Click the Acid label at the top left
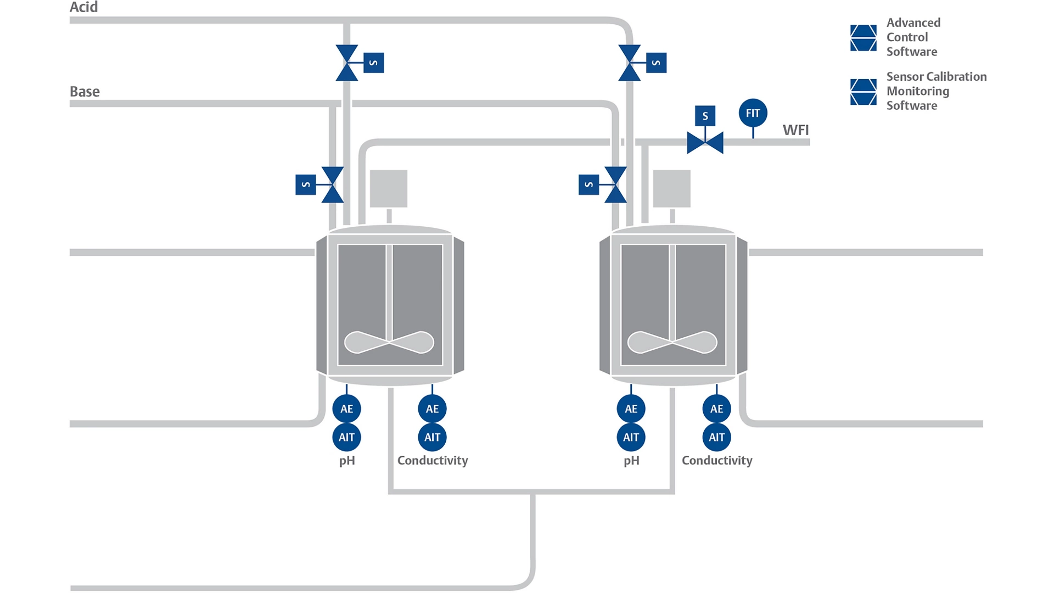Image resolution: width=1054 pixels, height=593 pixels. [x=83, y=7]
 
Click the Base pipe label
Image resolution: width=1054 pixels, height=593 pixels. [x=85, y=91]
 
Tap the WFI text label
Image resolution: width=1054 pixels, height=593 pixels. [x=795, y=130]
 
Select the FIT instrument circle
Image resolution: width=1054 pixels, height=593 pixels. [x=753, y=113]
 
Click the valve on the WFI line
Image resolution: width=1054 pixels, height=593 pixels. [x=705, y=143]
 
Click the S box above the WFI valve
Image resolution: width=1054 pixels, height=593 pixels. [x=705, y=116]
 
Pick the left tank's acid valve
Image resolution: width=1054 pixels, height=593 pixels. [x=347, y=63]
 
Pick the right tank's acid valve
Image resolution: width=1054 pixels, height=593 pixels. [x=629, y=63]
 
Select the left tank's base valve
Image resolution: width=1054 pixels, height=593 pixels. [x=333, y=184]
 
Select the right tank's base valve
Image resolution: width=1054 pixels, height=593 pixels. [x=615, y=184]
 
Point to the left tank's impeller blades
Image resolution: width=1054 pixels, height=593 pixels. [x=389, y=342]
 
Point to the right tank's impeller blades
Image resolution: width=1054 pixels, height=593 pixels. [x=672, y=342]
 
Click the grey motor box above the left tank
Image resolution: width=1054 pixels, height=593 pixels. [x=389, y=188]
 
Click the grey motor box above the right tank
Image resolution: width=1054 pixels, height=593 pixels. [x=671, y=188]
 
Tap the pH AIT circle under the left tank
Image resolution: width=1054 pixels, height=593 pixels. [x=346, y=438]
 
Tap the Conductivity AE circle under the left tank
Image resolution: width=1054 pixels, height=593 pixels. [x=432, y=409]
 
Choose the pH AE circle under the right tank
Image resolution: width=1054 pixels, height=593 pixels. [x=631, y=409]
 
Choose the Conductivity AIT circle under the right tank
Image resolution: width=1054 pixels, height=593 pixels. [x=716, y=438]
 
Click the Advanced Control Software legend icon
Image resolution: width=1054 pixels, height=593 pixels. [x=863, y=38]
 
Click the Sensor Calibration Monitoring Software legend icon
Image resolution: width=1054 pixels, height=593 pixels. [x=863, y=92]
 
